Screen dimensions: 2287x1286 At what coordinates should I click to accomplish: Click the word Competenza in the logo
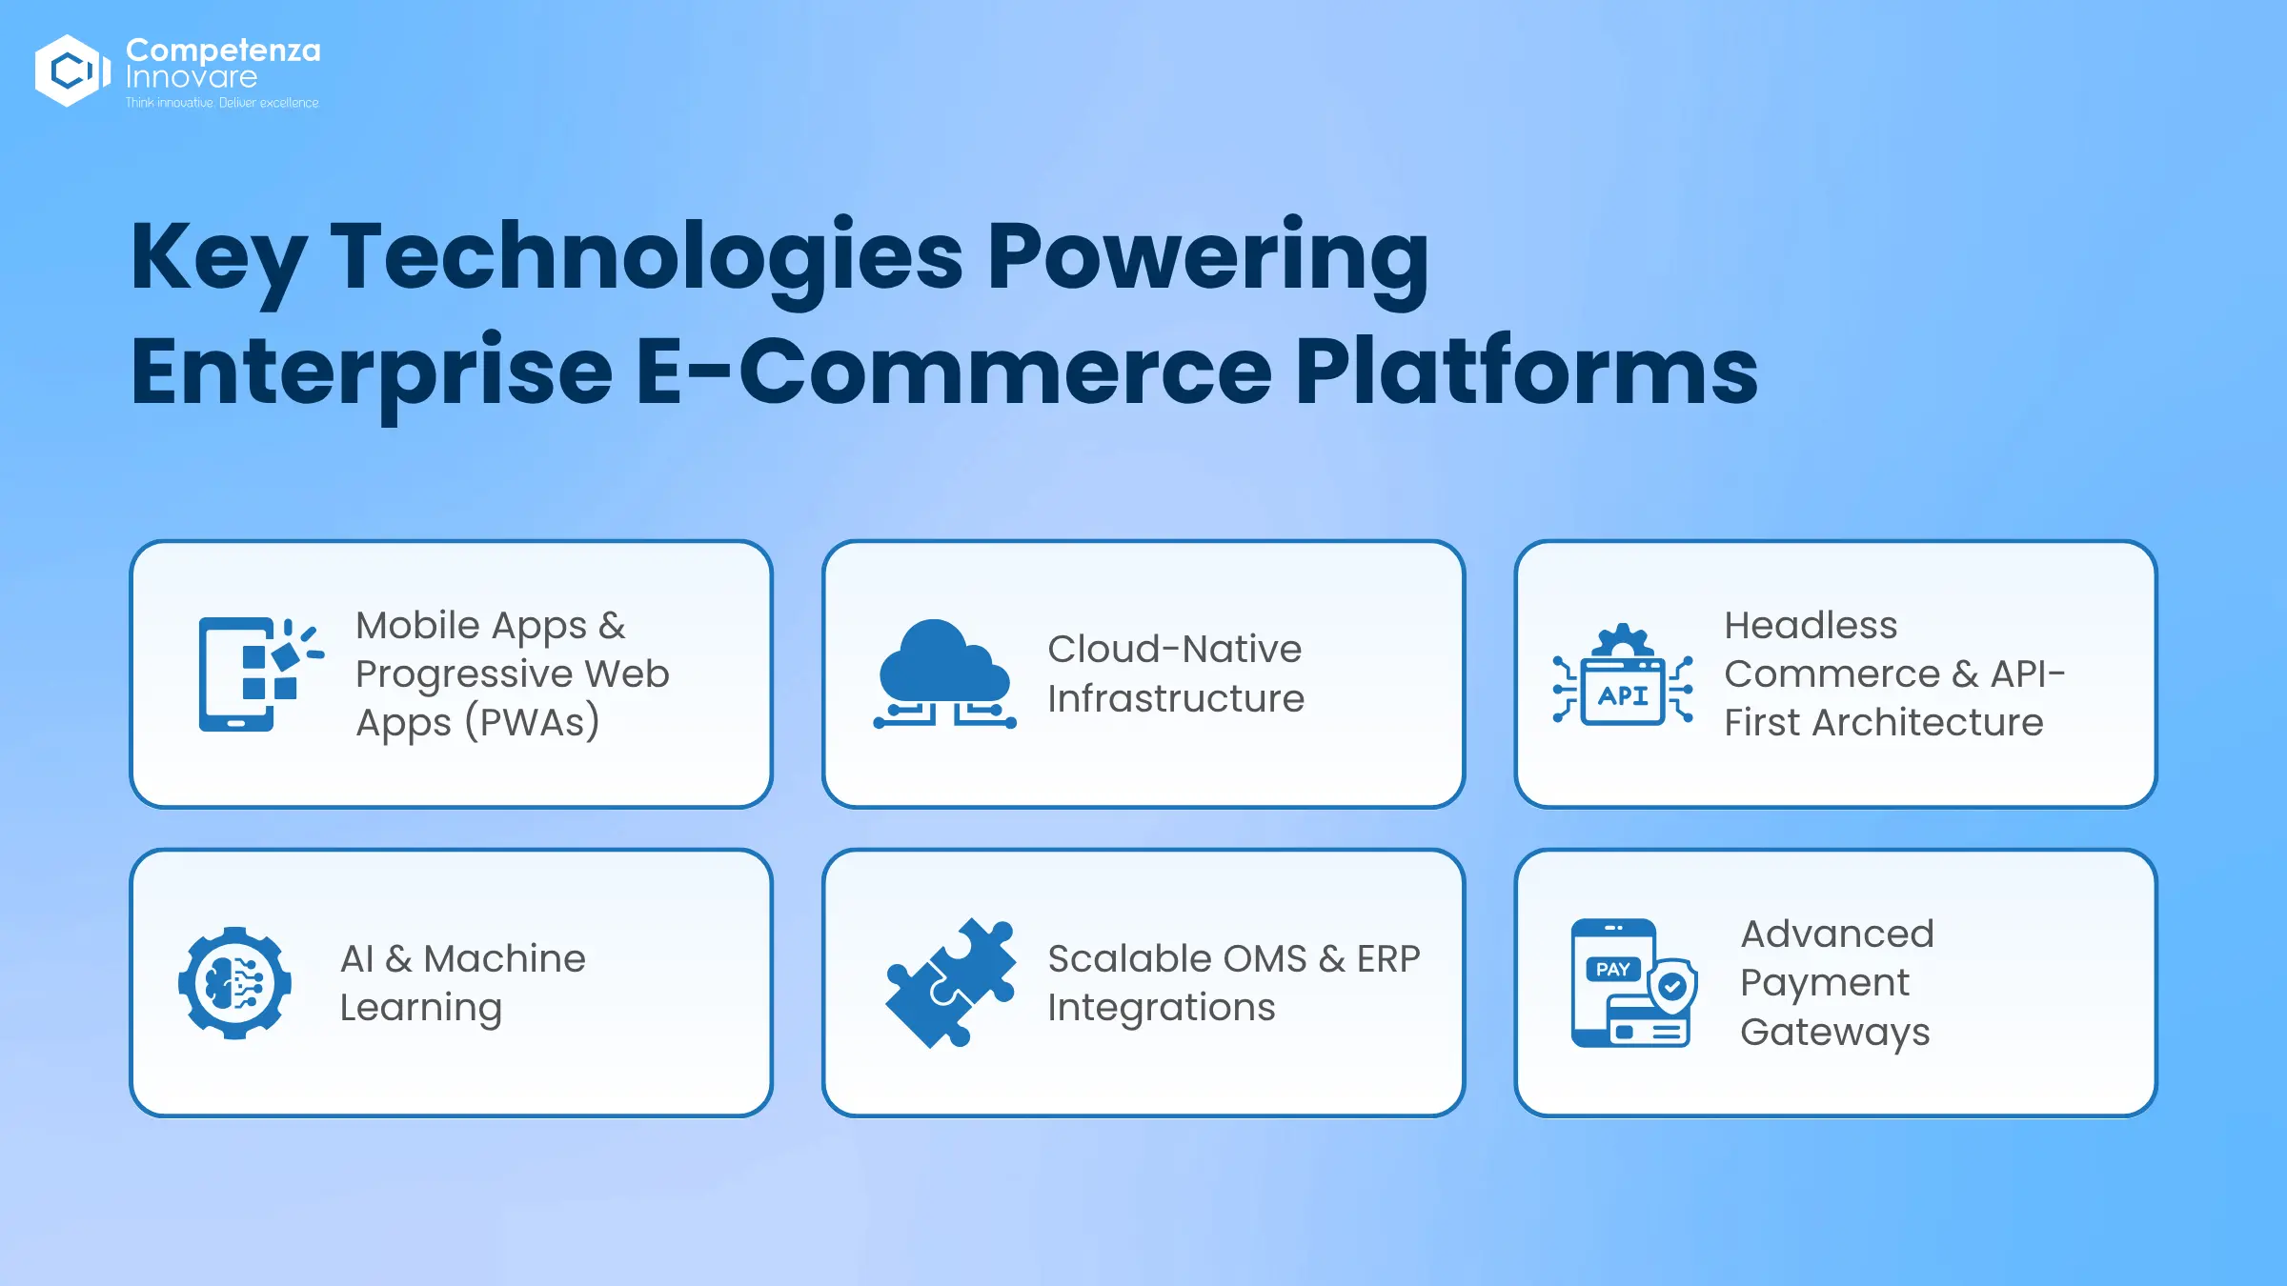[223, 50]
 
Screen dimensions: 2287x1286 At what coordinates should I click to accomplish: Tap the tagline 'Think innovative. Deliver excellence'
[222, 103]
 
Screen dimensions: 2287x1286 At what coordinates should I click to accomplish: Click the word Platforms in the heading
[1526, 371]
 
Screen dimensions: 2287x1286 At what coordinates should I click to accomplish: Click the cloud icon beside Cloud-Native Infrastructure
[944, 673]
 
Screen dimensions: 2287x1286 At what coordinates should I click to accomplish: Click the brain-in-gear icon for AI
[234, 983]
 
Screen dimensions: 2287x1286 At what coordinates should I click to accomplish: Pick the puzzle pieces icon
[950, 983]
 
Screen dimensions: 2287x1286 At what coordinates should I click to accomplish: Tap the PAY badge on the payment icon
[1612, 969]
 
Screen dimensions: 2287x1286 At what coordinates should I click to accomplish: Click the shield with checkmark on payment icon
[1672, 987]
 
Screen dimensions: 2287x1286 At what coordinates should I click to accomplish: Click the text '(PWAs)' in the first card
[532, 722]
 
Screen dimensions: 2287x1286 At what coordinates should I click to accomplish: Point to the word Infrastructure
[1176, 698]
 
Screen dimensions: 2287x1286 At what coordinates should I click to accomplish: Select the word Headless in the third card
[1811, 625]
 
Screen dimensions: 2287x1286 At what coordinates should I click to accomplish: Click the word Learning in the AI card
[421, 1009]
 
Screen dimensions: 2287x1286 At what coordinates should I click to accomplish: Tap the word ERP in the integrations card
[1388, 958]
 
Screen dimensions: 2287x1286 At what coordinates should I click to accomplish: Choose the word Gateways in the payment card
[1835, 1033]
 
